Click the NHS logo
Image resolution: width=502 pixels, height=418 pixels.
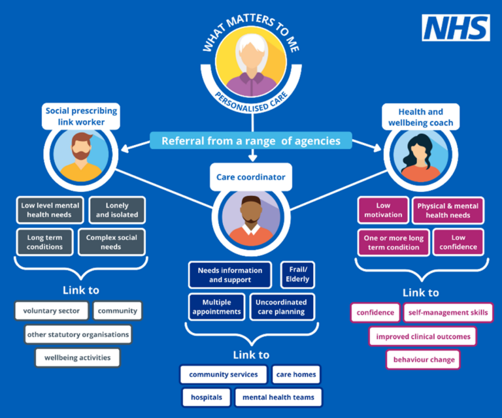(x=456, y=27)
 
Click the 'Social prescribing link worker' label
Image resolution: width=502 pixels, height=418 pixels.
(x=81, y=116)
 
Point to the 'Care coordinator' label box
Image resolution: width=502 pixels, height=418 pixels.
(x=251, y=176)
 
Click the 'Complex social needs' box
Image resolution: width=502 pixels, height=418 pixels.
(x=112, y=242)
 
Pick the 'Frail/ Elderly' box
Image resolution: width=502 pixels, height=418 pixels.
(x=295, y=275)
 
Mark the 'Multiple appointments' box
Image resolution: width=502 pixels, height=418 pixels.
(x=216, y=307)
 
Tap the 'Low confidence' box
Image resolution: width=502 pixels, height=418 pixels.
(x=458, y=242)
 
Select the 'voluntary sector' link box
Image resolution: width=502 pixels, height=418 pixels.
(x=51, y=311)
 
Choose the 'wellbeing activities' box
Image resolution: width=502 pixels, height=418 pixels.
(x=78, y=357)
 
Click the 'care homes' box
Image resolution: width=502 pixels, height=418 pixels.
(x=296, y=375)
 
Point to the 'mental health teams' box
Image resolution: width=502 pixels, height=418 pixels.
(x=278, y=397)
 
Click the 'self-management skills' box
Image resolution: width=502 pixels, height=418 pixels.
(x=448, y=313)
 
